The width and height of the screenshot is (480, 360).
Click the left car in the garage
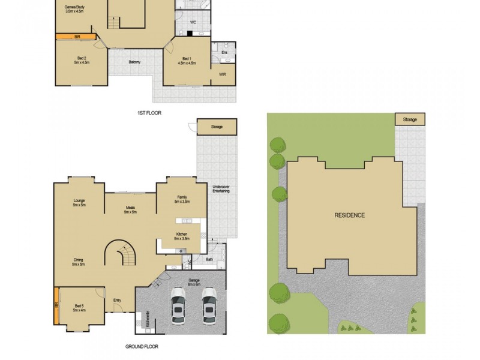pyautogui.click(x=179, y=304)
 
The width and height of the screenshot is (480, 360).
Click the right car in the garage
pyautogui.click(x=209, y=304)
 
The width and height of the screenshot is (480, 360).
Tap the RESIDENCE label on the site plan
pyautogui.click(x=349, y=215)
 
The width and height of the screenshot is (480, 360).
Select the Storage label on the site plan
pyautogui.click(x=410, y=120)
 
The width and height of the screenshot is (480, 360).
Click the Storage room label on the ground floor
pyautogui.click(x=217, y=127)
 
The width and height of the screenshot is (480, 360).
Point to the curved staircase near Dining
pyautogui.click(x=121, y=254)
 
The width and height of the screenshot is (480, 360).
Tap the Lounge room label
pyautogui.click(x=79, y=203)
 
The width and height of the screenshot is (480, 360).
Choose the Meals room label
pyautogui.click(x=130, y=209)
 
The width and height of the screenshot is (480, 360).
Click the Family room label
pyautogui.click(x=182, y=199)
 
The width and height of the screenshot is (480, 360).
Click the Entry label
pyautogui.click(x=117, y=301)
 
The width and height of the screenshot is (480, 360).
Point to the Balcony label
pyautogui.click(x=134, y=62)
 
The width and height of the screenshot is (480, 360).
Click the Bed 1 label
pyautogui.click(x=187, y=59)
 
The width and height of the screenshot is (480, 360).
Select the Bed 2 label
pyautogui.click(x=81, y=59)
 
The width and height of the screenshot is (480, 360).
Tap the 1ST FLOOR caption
pyautogui.click(x=149, y=113)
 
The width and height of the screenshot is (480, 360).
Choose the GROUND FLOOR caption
pyautogui.click(x=141, y=347)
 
